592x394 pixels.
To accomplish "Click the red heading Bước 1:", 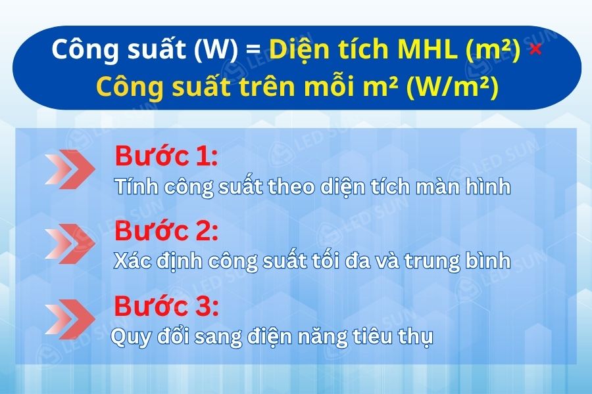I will pos(166,157).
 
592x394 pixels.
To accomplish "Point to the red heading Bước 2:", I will pos(166,231).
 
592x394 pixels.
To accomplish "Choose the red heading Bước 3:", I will pos(166,306).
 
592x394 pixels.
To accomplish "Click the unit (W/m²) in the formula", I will pos(453,88).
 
